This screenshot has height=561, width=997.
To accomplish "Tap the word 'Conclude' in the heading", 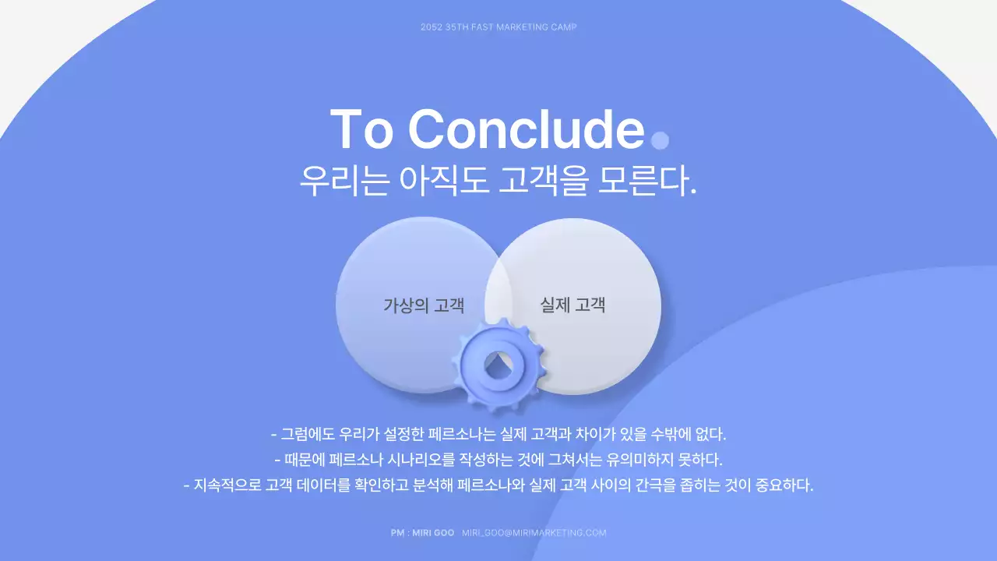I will click(526, 129).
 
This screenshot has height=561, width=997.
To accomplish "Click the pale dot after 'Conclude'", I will click(660, 140).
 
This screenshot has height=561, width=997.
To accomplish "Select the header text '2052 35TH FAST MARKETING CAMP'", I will click(498, 27).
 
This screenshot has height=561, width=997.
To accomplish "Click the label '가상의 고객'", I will click(424, 305).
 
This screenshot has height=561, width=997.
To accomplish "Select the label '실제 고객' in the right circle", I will click(572, 305).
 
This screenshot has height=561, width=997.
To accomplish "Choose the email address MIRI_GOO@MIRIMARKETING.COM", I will click(534, 533).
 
